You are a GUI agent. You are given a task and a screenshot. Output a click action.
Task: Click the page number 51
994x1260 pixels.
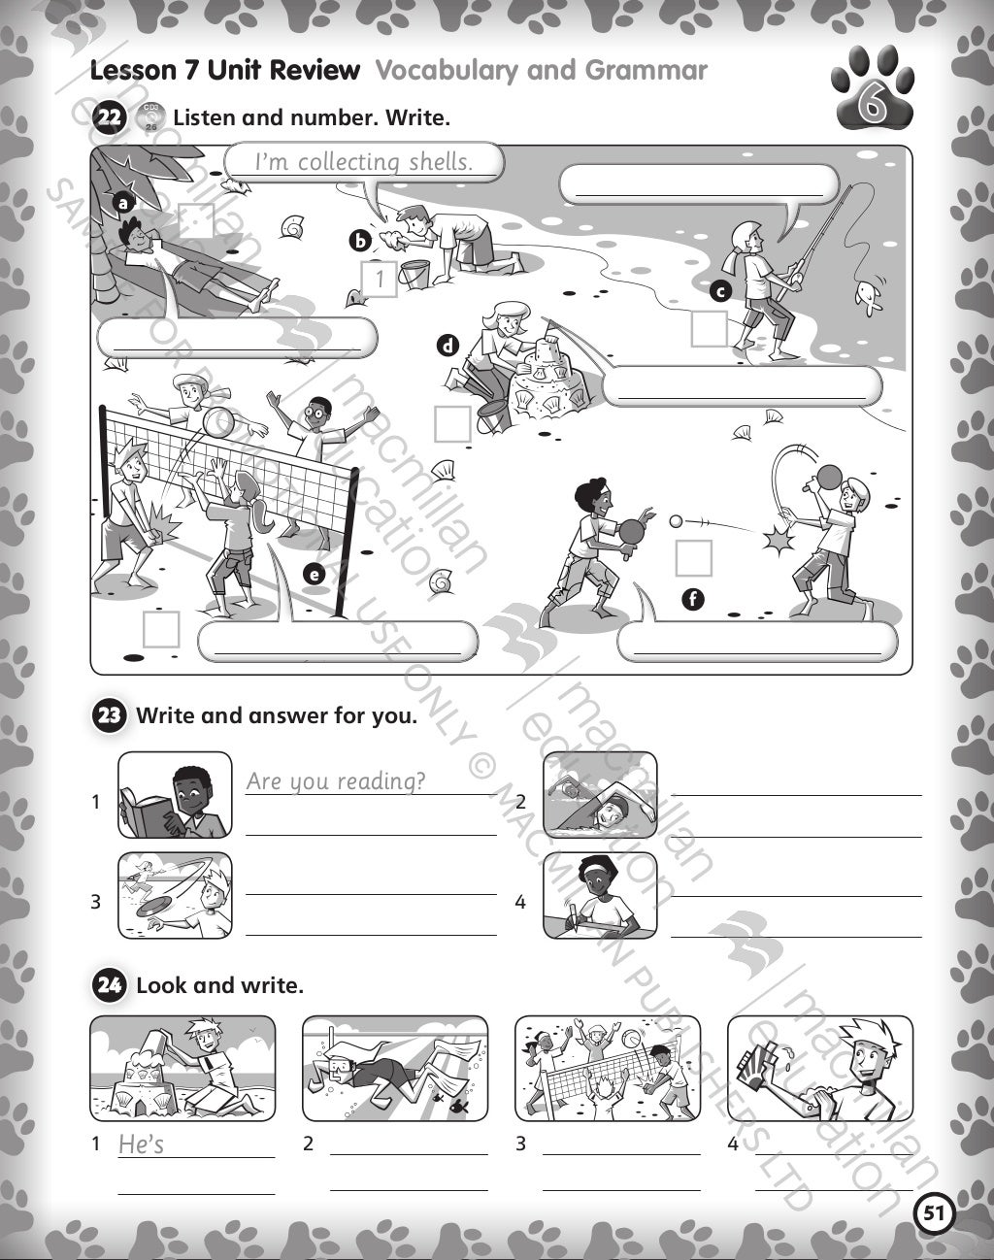point(934,1212)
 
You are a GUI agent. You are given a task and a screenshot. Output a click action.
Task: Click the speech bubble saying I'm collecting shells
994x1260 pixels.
point(364,162)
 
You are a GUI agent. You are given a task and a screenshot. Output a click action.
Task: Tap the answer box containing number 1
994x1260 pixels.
point(380,280)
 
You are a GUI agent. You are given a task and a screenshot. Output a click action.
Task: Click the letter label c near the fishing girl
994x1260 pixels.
point(719,289)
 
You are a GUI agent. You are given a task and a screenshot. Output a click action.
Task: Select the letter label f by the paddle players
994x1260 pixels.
point(691,599)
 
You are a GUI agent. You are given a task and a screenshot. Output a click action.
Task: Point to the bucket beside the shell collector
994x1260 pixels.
point(416,274)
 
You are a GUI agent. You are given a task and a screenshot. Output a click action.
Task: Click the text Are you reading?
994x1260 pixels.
point(335,780)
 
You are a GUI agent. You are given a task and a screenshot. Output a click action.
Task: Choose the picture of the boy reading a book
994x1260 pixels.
point(176,795)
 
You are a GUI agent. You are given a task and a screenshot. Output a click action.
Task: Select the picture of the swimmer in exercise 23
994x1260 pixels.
point(599,795)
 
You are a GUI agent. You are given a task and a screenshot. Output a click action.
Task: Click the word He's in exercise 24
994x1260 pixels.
point(141,1144)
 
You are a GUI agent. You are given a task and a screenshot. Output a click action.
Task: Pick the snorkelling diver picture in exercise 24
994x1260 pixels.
point(395,1069)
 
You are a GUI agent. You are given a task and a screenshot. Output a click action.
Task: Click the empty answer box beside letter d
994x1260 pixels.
point(451,423)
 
